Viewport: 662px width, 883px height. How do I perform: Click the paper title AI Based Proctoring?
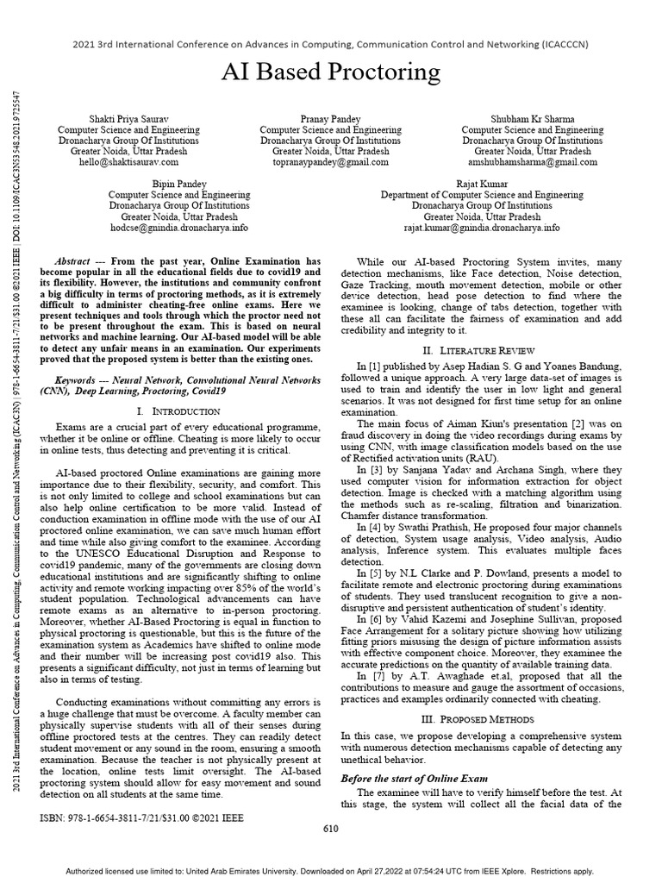tap(330, 72)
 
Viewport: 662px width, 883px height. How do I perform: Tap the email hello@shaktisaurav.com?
tap(128, 161)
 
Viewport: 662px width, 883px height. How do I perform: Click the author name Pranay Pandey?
tap(330, 117)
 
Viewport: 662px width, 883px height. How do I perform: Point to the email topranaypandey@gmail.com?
tap(330, 161)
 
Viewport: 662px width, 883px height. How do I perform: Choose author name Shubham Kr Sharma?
tap(532, 117)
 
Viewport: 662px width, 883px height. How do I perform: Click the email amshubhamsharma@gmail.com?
tap(532, 161)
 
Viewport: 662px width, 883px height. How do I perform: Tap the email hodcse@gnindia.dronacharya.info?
tap(178, 228)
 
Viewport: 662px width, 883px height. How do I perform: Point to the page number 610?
tap(330, 830)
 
